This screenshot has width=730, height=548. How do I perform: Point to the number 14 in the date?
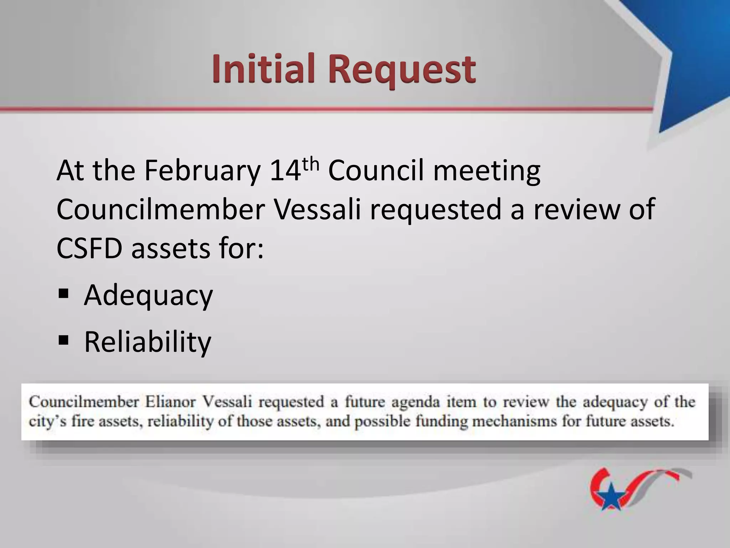pos(285,171)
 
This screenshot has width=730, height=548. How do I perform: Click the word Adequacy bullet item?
pos(148,295)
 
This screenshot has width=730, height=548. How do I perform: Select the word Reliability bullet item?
pos(148,342)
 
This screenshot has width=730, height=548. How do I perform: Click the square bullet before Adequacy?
pos(63,294)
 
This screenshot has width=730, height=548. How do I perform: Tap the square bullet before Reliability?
pos(63,340)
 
